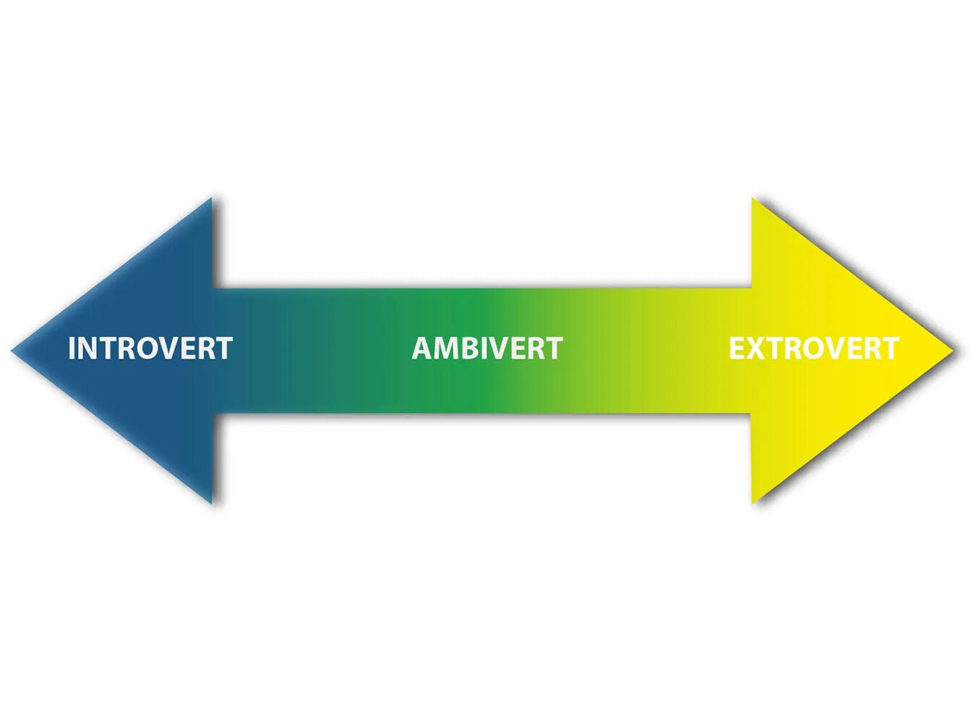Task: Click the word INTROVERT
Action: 150,349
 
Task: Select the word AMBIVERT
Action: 487,349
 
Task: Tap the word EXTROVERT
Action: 813,349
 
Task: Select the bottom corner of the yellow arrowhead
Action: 753,500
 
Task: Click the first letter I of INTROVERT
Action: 72,349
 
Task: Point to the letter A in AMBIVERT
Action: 422,349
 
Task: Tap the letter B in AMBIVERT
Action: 472,349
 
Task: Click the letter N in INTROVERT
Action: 88,349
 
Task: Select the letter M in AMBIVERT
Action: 448,349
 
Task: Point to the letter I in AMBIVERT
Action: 489,349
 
